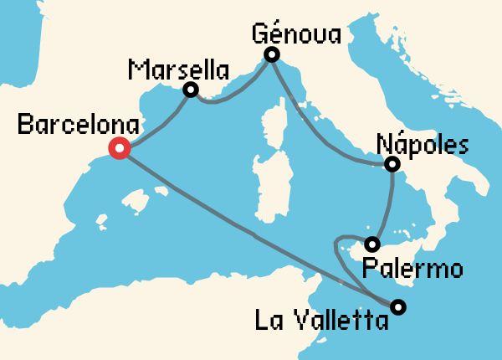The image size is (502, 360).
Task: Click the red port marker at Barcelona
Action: click(x=119, y=149)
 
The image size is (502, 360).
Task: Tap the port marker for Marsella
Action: click(x=191, y=90)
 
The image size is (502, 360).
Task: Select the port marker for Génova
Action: click(x=272, y=55)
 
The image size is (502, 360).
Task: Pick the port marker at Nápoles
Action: click(x=392, y=165)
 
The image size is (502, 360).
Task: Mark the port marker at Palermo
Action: click(x=373, y=244)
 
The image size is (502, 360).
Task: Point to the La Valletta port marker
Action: click(x=398, y=306)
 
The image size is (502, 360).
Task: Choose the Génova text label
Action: click(x=296, y=34)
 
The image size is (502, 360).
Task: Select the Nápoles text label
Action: click(x=423, y=143)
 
